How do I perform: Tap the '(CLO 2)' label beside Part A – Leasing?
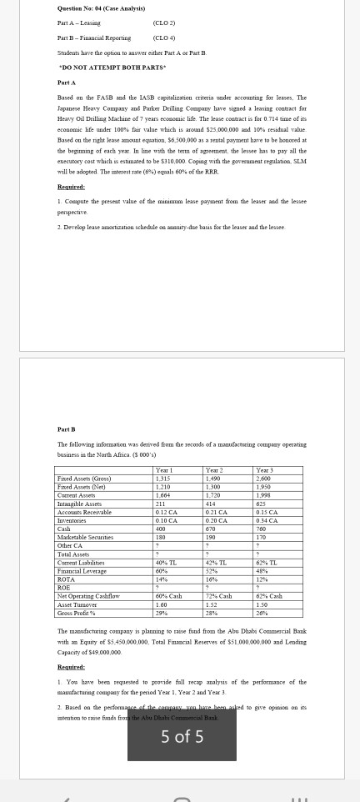tap(164, 23)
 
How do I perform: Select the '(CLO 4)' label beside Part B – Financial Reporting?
tap(164, 38)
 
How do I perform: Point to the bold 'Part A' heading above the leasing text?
tap(67, 83)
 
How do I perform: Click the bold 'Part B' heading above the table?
tap(67, 429)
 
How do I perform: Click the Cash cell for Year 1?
tap(162, 529)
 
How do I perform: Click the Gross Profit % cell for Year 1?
tap(161, 613)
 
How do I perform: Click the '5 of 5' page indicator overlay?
tap(182, 736)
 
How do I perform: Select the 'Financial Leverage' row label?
tap(81, 571)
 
